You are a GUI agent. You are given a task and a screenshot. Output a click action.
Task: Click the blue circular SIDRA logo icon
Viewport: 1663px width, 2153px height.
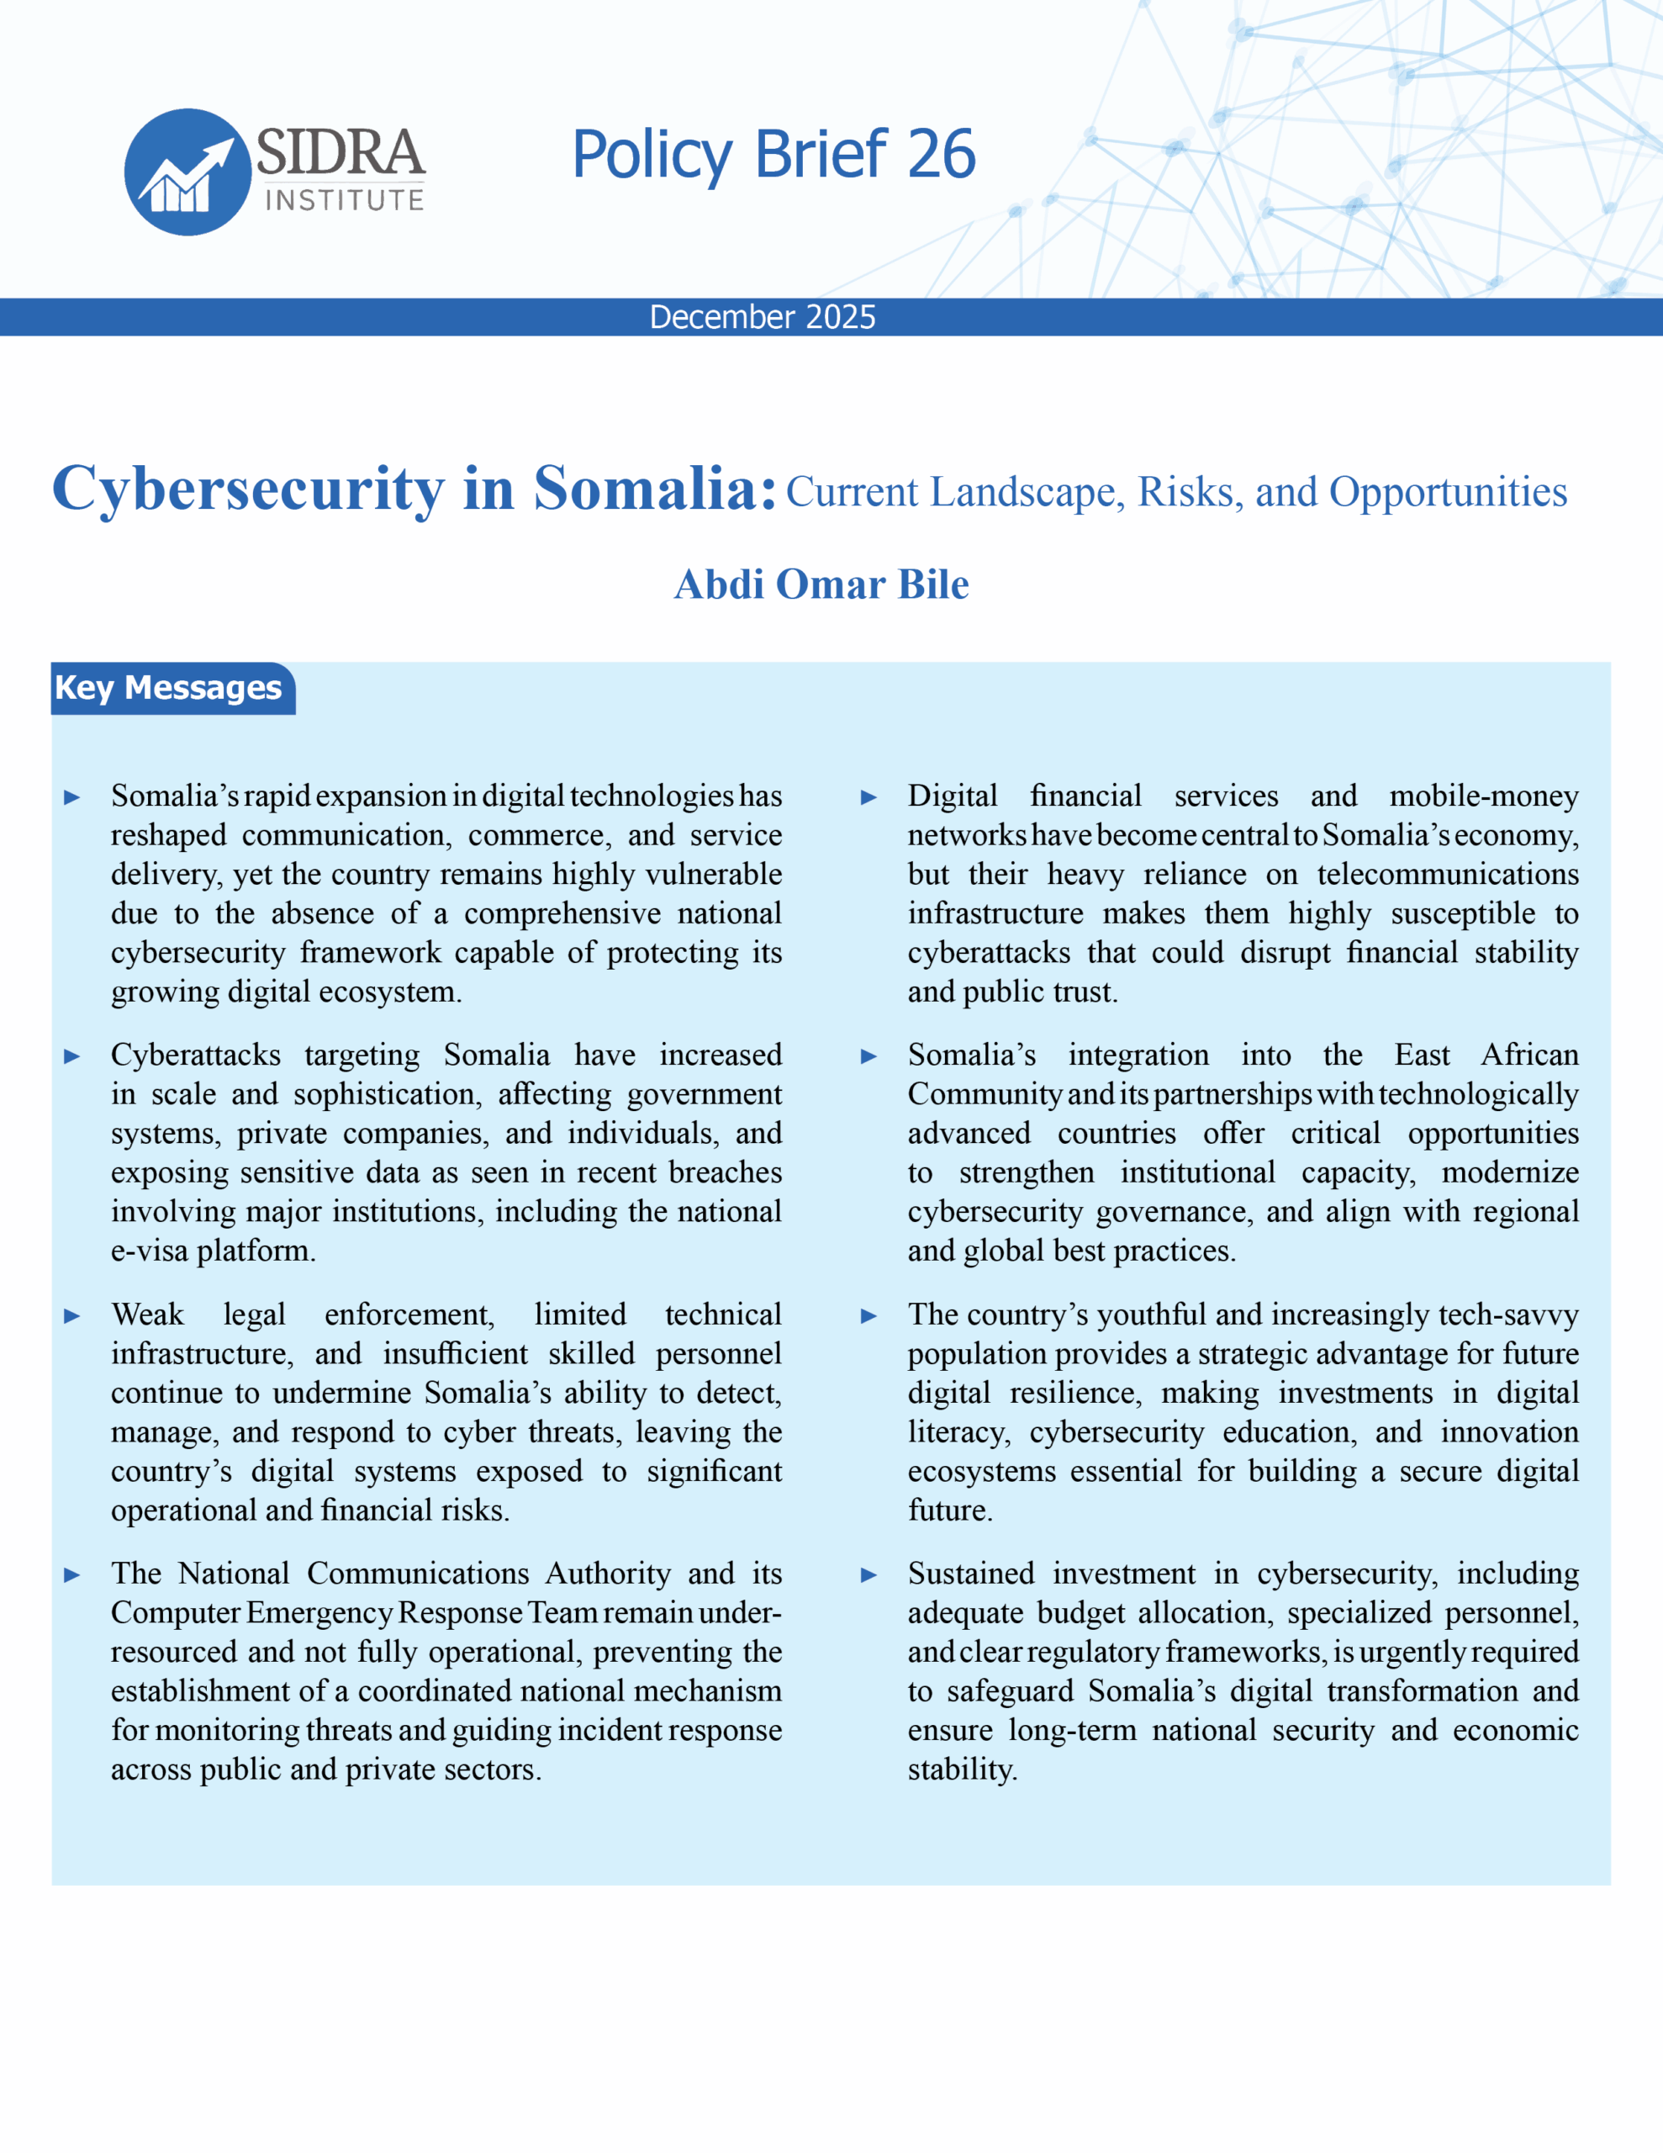point(187,172)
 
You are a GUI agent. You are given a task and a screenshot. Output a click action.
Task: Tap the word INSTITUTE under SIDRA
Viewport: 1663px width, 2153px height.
point(344,200)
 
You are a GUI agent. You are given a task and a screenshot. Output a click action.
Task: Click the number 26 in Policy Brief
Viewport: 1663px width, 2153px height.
point(941,155)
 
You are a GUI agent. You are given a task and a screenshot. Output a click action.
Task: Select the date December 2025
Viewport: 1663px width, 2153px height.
point(762,316)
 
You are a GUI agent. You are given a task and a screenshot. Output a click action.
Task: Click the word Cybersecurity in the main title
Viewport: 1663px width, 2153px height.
point(248,489)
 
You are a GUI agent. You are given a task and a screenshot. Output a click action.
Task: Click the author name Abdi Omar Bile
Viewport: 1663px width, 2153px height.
point(821,585)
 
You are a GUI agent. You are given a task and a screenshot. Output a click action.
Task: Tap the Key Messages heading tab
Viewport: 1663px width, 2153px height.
point(168,687)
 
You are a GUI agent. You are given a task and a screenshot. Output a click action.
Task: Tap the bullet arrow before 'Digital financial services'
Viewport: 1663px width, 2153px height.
point(868,797)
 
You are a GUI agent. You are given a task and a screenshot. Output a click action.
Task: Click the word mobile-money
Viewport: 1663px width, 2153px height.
point(1484,796)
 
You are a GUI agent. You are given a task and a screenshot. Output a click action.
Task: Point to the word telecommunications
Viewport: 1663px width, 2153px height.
point(1447,875)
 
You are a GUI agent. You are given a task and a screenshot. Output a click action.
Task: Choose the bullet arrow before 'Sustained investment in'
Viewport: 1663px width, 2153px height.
point(868,1575)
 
